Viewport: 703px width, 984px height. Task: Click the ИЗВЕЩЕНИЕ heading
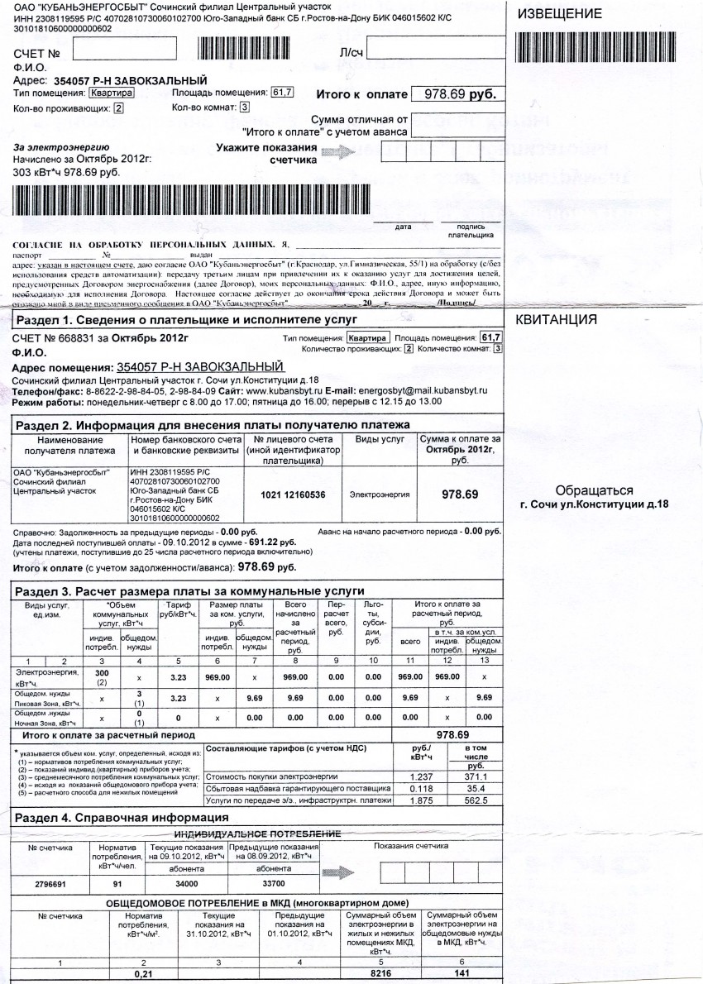pyautogui.click(x=559, y=15)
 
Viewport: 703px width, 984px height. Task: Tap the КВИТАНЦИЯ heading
pyautogui.click(x=557, y=321)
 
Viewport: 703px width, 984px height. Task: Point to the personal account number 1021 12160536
pyautogui.click(x=293, y=494)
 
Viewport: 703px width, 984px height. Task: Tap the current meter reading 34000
pyautogui.click(x=186, y=884)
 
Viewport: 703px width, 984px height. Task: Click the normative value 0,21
pyautogui.click(x=144, y=975)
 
